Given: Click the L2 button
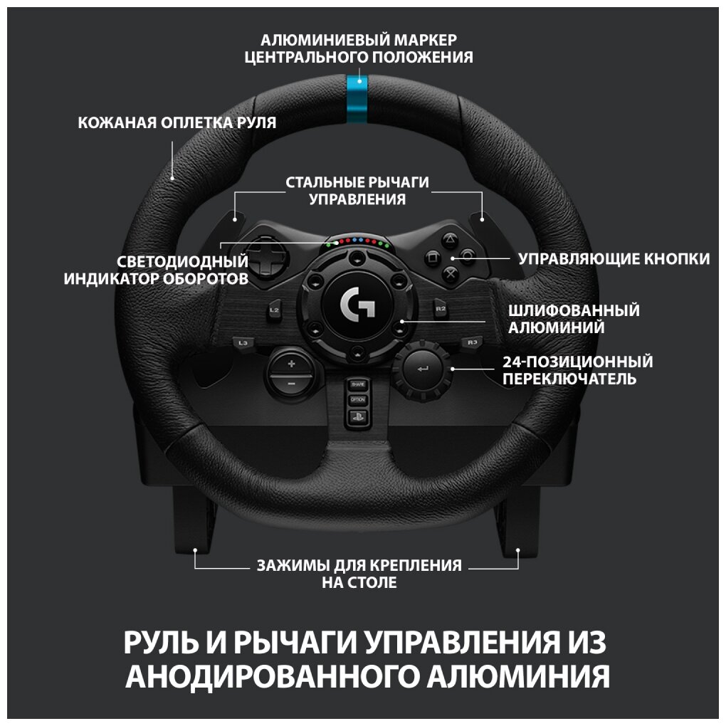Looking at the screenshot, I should tap(273, 310).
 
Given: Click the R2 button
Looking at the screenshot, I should tap(441, 309).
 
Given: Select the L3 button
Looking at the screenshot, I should tap(243, 343).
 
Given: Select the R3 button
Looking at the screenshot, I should tap(472, 342).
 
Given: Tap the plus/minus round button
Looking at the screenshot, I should tap(290, 374).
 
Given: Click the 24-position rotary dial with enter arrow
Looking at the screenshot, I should tap(423, 368).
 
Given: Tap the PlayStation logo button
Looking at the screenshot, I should tap(357, 418).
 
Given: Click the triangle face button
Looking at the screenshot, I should tap(450, 240).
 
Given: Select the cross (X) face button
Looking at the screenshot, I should tap(450, 271).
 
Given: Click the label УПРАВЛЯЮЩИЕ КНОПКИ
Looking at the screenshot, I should tap(614, 258).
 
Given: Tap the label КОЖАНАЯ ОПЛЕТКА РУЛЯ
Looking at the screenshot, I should tap(177, 122).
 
